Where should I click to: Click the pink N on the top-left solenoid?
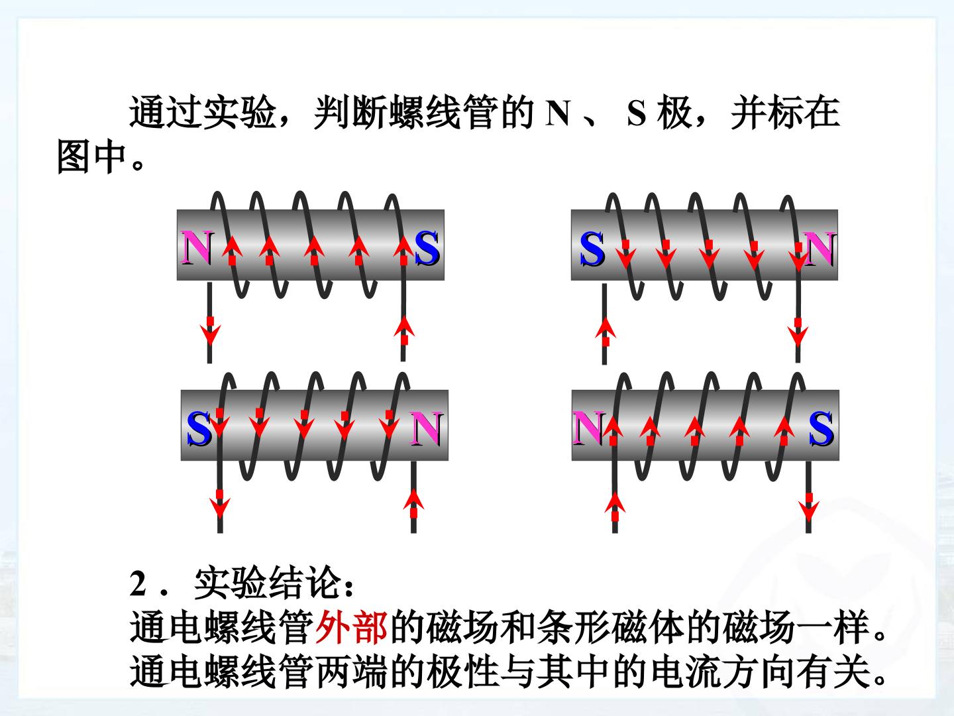pyautogui.click(x=197, y=247)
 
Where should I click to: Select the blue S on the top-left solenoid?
pyautogui.click(x=427, y=247)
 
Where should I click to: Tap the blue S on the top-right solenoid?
pyautogui.click(x=592, y=249)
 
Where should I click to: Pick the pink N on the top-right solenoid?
pyautogui.click(x=819, y=248)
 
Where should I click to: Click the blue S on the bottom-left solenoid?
pyautogui.click(x=199, y=429)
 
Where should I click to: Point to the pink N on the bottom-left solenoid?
pyautogui.click(x=426, y=429)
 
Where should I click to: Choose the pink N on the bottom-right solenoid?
pyautogui.click(x=589, y=428)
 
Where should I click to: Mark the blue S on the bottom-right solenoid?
pyautogui.click(x=821, y=428)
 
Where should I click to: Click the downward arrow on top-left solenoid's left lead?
pyautogui.click(x=211, y=331)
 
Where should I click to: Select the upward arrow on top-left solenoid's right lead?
pyautogui.click(x=404, y=330)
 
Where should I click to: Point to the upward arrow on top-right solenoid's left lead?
pyautogui.click(x=606, y=331)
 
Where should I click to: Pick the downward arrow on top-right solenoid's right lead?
pyautogui.click(x=798, y=332)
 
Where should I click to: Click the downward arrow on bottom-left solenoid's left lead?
pyautogui.click(x=220, y=504)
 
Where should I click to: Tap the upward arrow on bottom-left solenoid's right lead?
pyautogui.click(x=414, y=503)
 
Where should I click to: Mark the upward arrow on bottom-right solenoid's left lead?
pyautogui.click(x=615, y=507)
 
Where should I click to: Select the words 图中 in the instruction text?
pyautogui.click(x=91, y=157)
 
